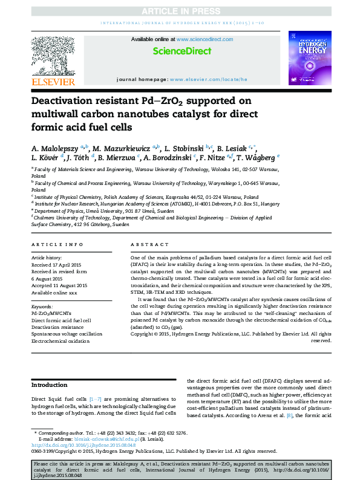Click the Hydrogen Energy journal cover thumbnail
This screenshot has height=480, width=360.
tap(310, 58)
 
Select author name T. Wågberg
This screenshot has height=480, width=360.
tap(253, 158)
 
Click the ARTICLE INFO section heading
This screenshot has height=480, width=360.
tap(57, 245)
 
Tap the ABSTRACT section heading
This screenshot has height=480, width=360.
tap(149, 245)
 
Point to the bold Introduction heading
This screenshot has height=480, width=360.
tap(49, 384)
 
